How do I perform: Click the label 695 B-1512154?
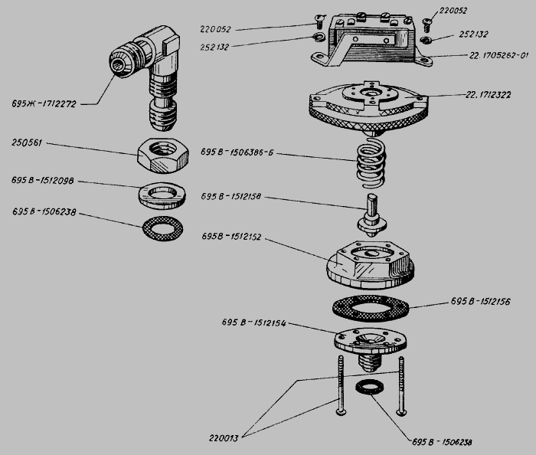(x=253, y=323)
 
